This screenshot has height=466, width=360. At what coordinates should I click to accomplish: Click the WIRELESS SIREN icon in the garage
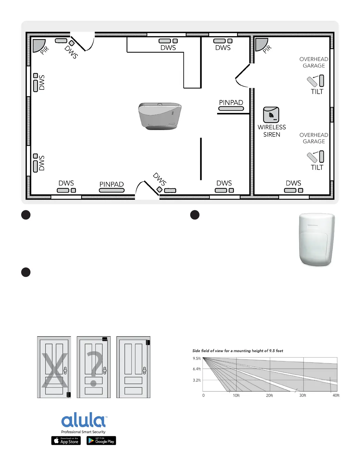pos(271,115)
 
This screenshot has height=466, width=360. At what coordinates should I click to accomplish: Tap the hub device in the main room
pos(160,116)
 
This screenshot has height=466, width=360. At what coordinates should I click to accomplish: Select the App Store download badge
pos(66,440)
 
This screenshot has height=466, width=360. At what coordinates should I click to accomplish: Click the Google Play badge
pos(101,440)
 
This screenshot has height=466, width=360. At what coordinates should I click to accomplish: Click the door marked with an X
pos(54,367)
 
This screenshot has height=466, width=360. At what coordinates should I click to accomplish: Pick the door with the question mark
pos(94,367)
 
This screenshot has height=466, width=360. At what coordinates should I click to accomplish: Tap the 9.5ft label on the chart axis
pos(196,358)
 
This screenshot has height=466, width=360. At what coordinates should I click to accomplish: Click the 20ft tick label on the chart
pos(269,395)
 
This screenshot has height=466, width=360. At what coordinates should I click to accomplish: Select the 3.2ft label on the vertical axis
pos(196,380)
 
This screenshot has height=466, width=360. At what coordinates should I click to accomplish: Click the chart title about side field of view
pos(238,351)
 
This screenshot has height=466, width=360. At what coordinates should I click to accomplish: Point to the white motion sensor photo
pos(317,239)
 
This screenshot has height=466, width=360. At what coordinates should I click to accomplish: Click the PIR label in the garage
pos(267,49)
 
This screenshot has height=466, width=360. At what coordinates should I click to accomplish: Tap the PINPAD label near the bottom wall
pos(111,184)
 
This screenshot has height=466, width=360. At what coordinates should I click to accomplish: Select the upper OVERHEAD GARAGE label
pos(314,62)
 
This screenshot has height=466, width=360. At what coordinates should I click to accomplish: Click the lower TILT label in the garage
pos(317,167)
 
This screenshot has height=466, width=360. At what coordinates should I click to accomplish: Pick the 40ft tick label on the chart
pos(336,395)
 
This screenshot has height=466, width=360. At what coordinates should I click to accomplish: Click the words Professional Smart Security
pos(83,432)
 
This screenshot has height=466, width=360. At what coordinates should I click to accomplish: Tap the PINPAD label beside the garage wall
pos(231,102)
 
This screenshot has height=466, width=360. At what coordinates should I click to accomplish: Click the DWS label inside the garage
pos(293,183)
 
